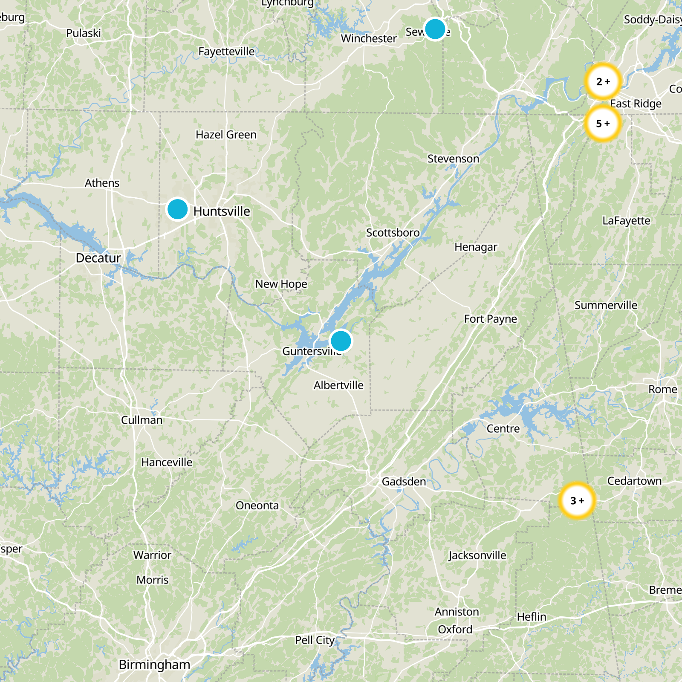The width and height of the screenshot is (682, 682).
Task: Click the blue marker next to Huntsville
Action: coord(177,209)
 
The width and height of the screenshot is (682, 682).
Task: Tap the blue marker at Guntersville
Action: coord(341,341)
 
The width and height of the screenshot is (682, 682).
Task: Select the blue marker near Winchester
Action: coord(435,29)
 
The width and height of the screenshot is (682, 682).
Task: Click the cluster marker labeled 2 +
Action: coord(603,81)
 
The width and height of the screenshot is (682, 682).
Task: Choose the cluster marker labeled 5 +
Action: coord(603,124)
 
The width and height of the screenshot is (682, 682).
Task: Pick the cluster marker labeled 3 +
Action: coord(577,500)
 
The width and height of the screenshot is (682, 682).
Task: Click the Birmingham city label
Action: coord(154,665)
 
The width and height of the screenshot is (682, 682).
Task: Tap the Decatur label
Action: coord(98,258)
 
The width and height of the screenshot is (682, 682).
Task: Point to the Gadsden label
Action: coord(404,482)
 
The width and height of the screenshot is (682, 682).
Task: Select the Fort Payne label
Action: coord(490,319)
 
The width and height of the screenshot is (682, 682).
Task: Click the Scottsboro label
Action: coord(393,233)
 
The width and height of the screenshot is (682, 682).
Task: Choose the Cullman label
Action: coord(142,420)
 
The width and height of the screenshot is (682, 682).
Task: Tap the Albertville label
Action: coord(338,385)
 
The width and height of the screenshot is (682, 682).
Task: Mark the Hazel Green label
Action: coord(226,135)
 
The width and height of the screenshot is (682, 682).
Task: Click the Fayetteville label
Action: coord(226,52)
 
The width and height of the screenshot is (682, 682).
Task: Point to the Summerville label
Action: coord(606,305)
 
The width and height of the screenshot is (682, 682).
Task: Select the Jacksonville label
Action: coord(477,555)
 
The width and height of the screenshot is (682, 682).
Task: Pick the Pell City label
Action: coord(315,640)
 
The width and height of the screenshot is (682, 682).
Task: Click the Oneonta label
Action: coord(257,506)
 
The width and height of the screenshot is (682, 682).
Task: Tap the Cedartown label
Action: coord(634,481)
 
